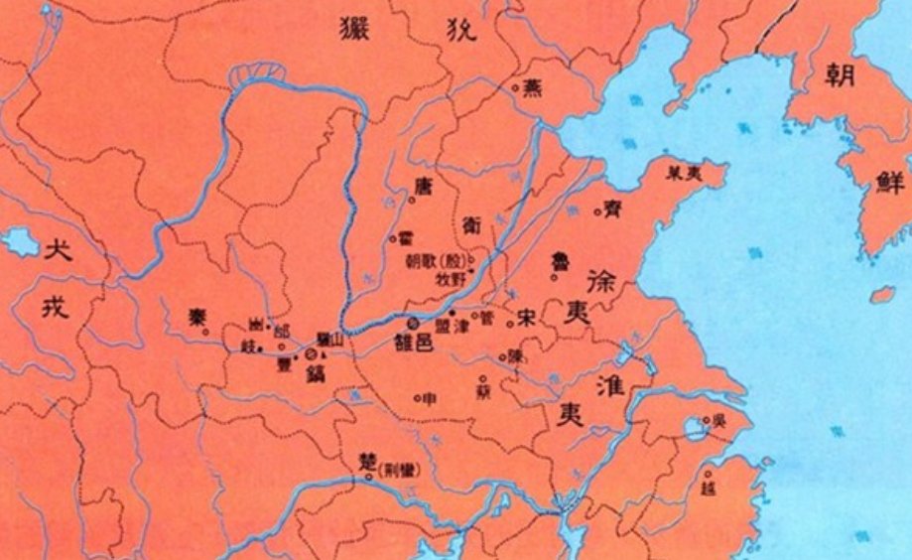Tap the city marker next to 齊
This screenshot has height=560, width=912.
click(x=597, y=210)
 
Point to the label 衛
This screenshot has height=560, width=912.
click(x=471, y=225)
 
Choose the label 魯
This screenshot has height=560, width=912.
click(x=562, y=263)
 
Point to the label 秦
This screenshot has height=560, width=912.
click(x=196, y=318)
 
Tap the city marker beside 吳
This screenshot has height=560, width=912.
click(x=706, y=420)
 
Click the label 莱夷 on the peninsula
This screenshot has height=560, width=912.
click(x=686, y=171)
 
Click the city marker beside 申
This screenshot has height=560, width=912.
click(x=417, y=399)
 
